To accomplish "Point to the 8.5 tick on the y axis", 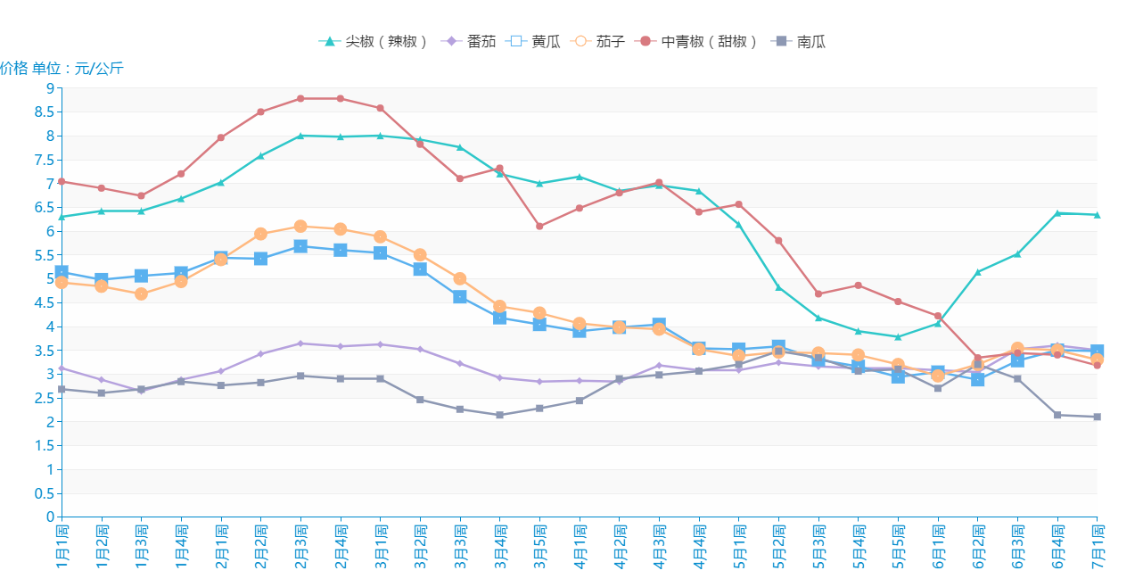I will point(44,112).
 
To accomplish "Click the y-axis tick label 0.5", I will point(44,493).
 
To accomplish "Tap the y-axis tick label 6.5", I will point(44,207).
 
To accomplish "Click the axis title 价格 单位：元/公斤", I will point(62,68).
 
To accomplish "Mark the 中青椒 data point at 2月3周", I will point(300,98).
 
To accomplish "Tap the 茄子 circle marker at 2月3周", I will point(300,227).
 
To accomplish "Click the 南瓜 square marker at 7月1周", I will point(1098,417).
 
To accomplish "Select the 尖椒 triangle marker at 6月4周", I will point(1057,213).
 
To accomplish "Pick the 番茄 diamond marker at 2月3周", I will point(300,343).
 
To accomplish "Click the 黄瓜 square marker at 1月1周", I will point(62,272).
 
